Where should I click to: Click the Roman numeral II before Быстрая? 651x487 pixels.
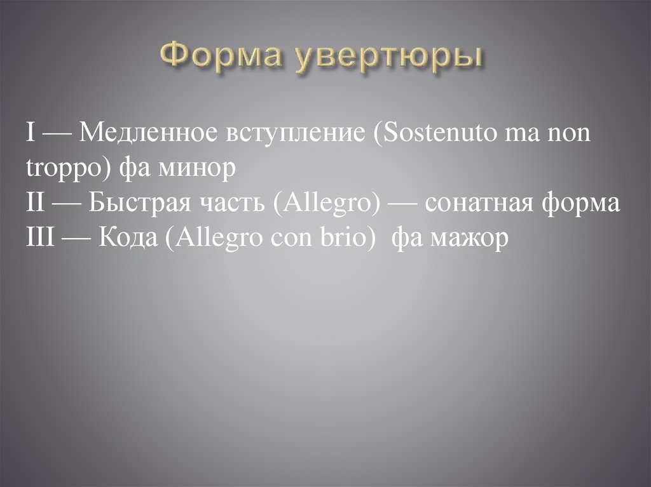36,204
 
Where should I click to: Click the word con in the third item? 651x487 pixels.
293,239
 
